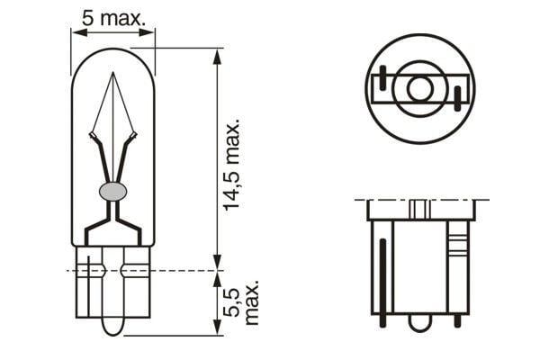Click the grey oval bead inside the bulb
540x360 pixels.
112,191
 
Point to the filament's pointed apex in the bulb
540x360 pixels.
112,75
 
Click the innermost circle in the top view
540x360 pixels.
418,88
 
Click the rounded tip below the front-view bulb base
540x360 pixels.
112,326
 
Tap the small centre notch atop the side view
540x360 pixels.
418,208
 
